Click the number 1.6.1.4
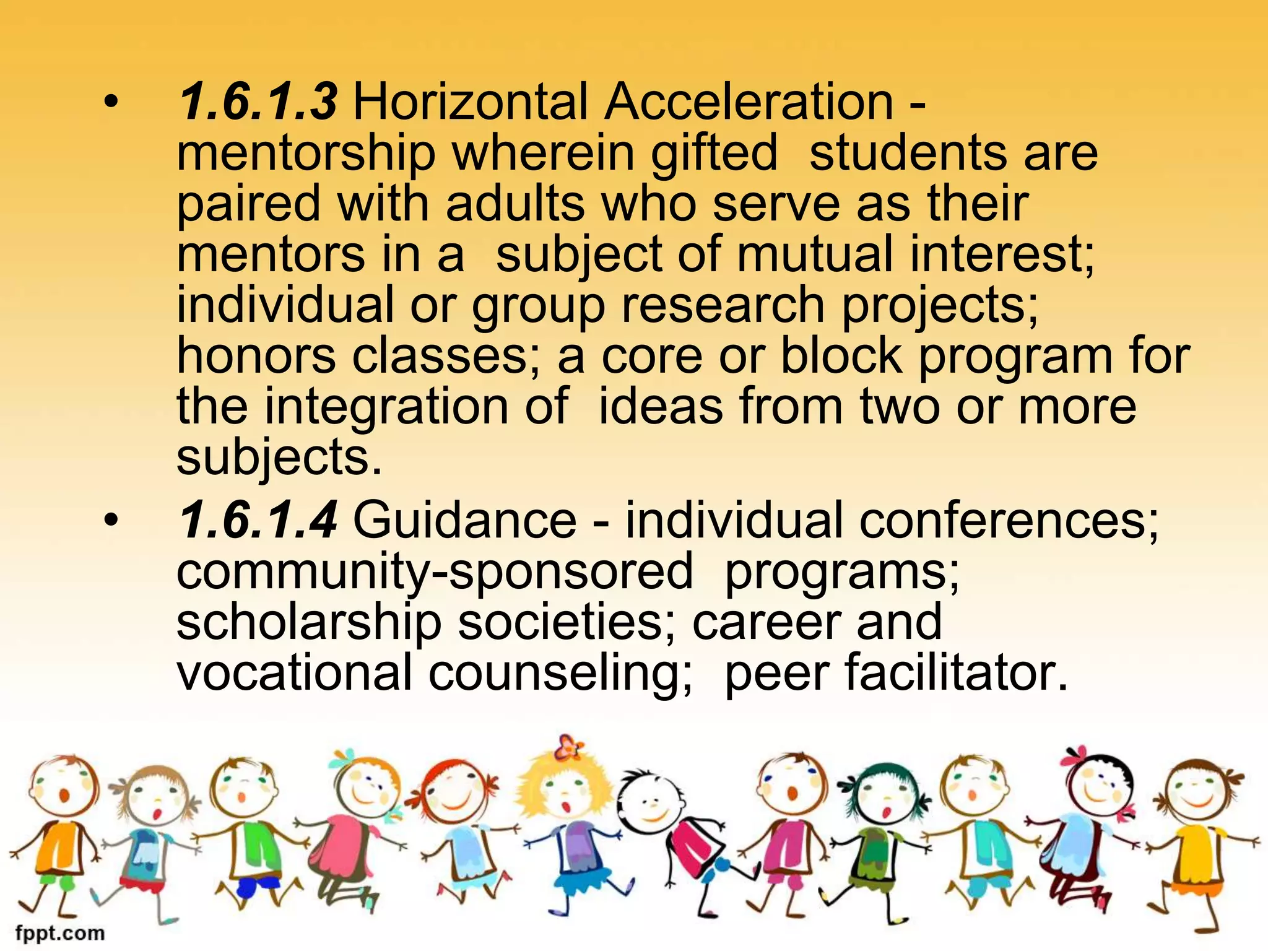pos(258,520)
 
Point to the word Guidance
pos(464,520)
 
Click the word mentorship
pos(306,154)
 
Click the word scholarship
pos(309,623)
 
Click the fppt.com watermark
pos(60,932)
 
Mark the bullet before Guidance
pos(110,521)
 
